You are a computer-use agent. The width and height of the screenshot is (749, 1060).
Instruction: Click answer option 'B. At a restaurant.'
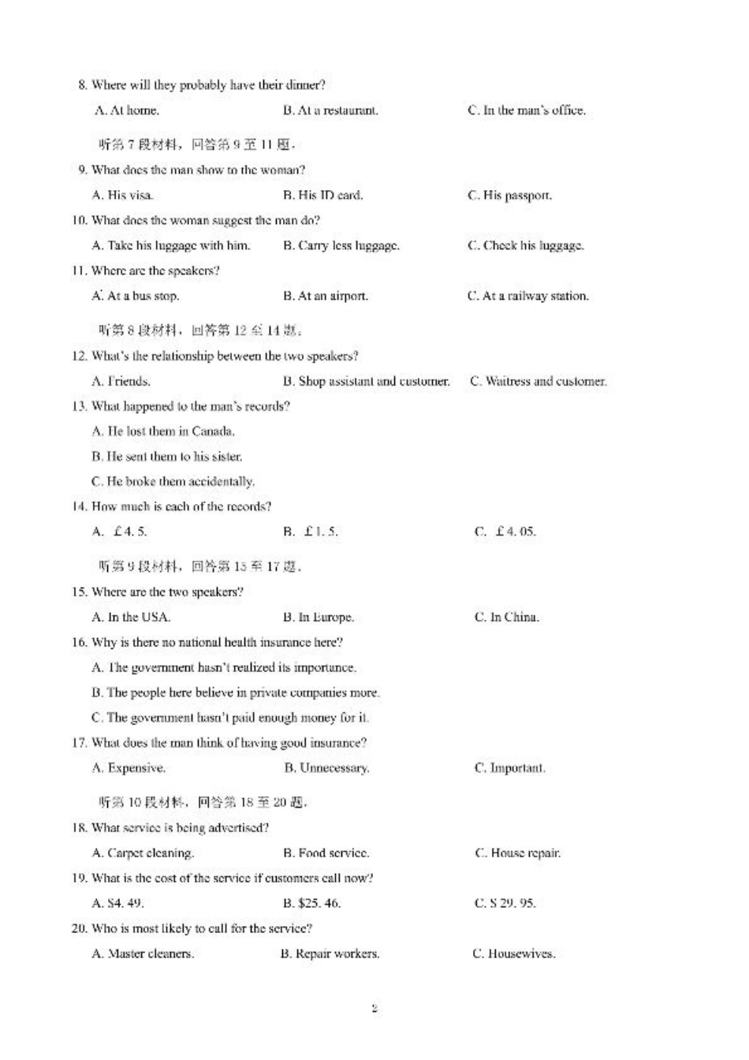pos(330,110)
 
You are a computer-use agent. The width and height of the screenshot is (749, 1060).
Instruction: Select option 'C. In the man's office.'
pos(526,110)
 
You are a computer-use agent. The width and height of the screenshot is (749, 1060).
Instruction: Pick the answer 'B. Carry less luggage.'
pos(341,245)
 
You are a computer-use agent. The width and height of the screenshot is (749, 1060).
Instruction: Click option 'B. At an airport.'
pos(325,296)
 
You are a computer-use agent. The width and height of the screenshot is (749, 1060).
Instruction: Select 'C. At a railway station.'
pos(527,296)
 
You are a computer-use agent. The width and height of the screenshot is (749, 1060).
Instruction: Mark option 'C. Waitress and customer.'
pos(538,381)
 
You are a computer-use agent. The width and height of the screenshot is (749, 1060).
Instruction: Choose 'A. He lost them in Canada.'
pos(163,431)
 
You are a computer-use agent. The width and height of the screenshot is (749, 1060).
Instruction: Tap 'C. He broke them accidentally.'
pos(173,481)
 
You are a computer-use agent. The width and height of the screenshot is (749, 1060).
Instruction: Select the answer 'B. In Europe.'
pos(318,617)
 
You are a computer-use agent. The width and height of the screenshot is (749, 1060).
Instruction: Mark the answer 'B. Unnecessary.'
pos(326,767)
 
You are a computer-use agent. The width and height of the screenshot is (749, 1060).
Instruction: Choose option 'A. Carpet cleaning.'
pos(143,853)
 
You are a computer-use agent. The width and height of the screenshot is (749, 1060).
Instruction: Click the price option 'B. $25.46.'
pos(311,903)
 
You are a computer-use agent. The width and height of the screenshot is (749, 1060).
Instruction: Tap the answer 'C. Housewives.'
pos(513,954)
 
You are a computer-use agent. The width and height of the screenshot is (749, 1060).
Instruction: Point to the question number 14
pos(79,506)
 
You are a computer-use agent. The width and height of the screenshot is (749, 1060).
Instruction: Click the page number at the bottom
pos(374,1008)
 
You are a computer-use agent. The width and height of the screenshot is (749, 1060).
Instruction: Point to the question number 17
pos(79,742)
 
